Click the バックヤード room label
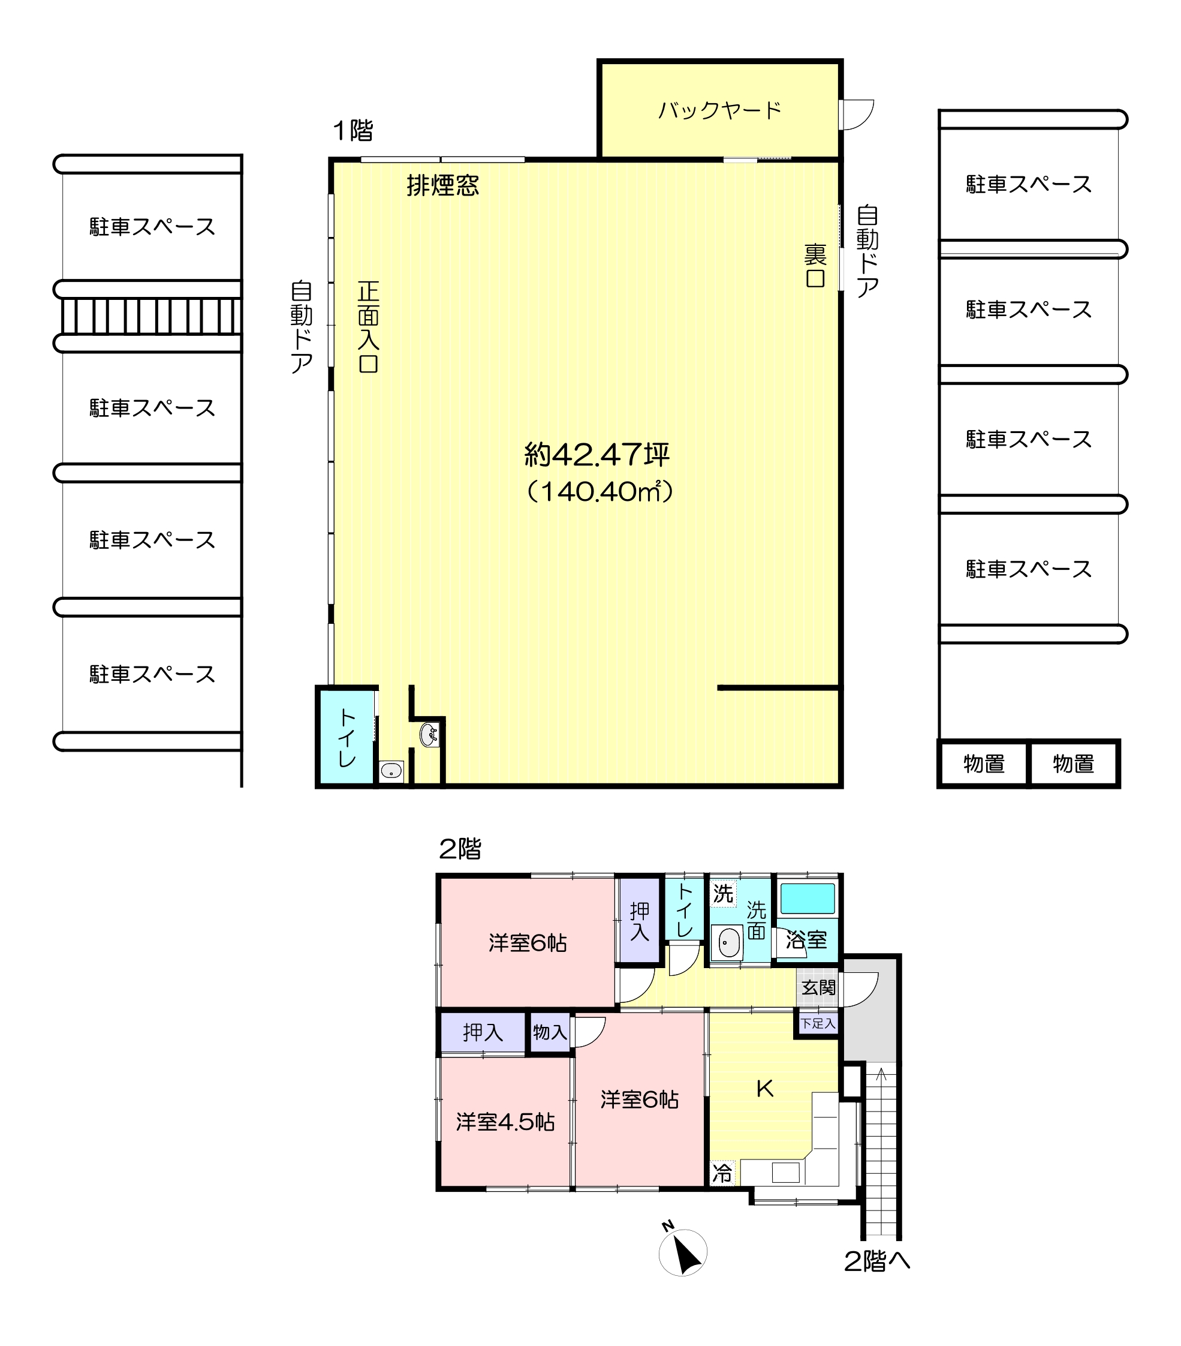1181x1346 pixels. pyautogui.click(x=719, y=110)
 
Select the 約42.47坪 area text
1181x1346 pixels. pyautogui.click(x=597, y=455)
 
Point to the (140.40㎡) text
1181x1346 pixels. pyautogui.click(x=599, y=491)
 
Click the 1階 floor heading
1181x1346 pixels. pyautogui.click(x=353, y=130)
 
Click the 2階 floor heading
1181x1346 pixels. pyautogui.click(x=459, y=849)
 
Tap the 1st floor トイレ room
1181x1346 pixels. pyautogui.click(x=347, y=737)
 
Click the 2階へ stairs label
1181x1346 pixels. pyautogui.click(x=877, y=1261)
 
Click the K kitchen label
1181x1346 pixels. pyautogui.click(x=764, y=1089)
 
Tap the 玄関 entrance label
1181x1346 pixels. pyautogui.click(x=818, y=987)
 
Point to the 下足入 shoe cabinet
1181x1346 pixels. pyautogui.click(x=818, y=1023)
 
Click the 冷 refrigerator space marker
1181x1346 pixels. pyautogui.click(x=722, y=1173)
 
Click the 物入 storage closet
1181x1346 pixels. pyautogui.click(x=550, y=1032)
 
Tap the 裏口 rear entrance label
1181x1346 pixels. pyautogui.click(x=815, y=265)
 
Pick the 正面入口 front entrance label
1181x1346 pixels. pyautogui.click(x=368, y=327)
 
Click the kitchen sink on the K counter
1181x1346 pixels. pyautogui.click(x=785, y=1172)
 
